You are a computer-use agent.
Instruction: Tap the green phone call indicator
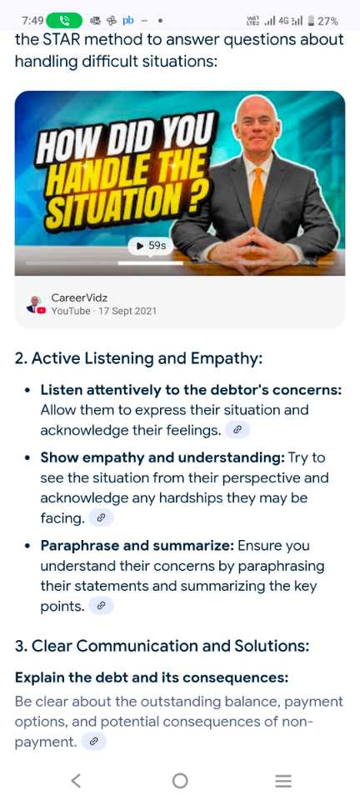click(x=63, y=21)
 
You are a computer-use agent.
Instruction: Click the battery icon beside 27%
click(x=310, y=21)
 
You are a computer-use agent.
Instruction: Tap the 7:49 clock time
click(x=32, y=21)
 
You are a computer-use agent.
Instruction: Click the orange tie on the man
click(x=258, y=195)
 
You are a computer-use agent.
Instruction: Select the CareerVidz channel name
click(x=79, y=297)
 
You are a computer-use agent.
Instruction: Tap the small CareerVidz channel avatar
click(x=36, y=304)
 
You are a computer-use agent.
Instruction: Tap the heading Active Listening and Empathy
click(x=138, y=358)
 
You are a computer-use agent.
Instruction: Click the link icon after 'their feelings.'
click(x=237, y=431)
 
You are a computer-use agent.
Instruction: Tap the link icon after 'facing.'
click(x=101, y=518)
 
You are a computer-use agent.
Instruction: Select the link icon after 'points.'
click(x=101, y=606)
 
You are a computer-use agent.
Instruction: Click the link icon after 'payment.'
click(x=93, y=742)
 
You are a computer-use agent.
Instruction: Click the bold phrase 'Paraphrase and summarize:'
click(x=137, y=545)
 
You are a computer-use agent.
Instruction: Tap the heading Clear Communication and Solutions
click(x=162, y=646)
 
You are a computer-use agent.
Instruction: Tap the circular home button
click(x=180, y=781)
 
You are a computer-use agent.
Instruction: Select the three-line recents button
click(x=283, y=781)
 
